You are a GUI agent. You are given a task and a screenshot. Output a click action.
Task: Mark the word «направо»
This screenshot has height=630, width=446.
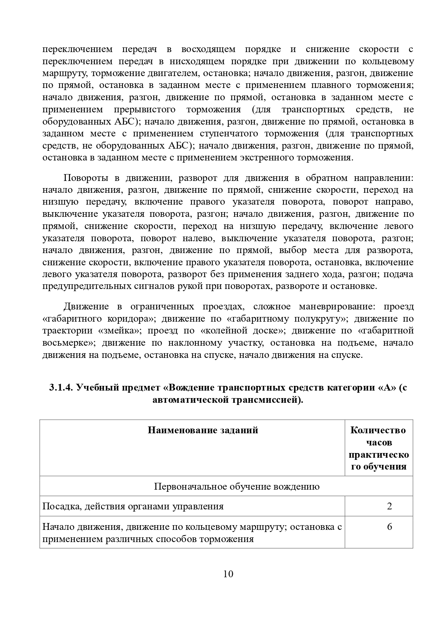tap(397, 202)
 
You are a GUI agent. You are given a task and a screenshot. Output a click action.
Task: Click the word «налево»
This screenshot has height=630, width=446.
tap(197, 238)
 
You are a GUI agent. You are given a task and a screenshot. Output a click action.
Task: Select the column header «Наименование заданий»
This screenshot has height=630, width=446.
tap(203, 430)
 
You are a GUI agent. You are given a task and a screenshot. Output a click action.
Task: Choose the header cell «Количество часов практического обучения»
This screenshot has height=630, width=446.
tap(379, 448)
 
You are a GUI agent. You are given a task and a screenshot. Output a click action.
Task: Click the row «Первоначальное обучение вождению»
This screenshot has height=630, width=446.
tap(236, 486)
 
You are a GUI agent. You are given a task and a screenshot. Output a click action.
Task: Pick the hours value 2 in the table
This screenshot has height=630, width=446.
tap(389, 507)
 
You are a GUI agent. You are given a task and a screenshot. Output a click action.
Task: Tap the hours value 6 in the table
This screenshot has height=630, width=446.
tap(389, 527)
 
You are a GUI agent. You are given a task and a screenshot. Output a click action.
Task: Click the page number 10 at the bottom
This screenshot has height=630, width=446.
tap(228, 574)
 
